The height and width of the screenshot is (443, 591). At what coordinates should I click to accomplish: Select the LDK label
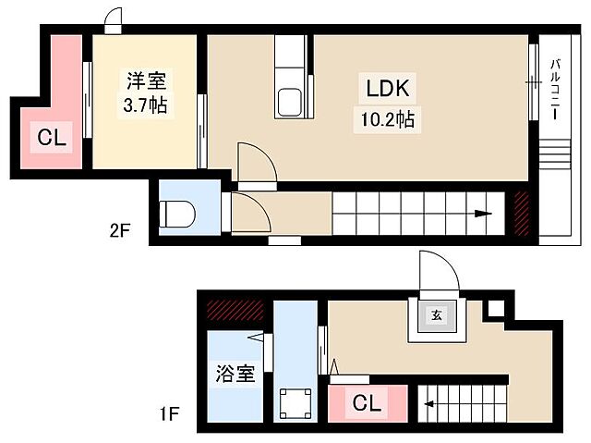[387, 90]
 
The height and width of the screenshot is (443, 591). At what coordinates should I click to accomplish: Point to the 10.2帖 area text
[387, 118]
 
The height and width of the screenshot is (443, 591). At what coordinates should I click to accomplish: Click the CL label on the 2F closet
[52, 140]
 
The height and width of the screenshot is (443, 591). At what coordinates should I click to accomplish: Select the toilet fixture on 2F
[176, 215]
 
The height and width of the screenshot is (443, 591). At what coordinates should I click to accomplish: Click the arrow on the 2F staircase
[482, 215]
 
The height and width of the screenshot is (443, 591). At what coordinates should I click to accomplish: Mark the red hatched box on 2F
[521, 213]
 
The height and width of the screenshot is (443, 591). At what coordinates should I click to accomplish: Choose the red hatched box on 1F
[235, 310]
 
